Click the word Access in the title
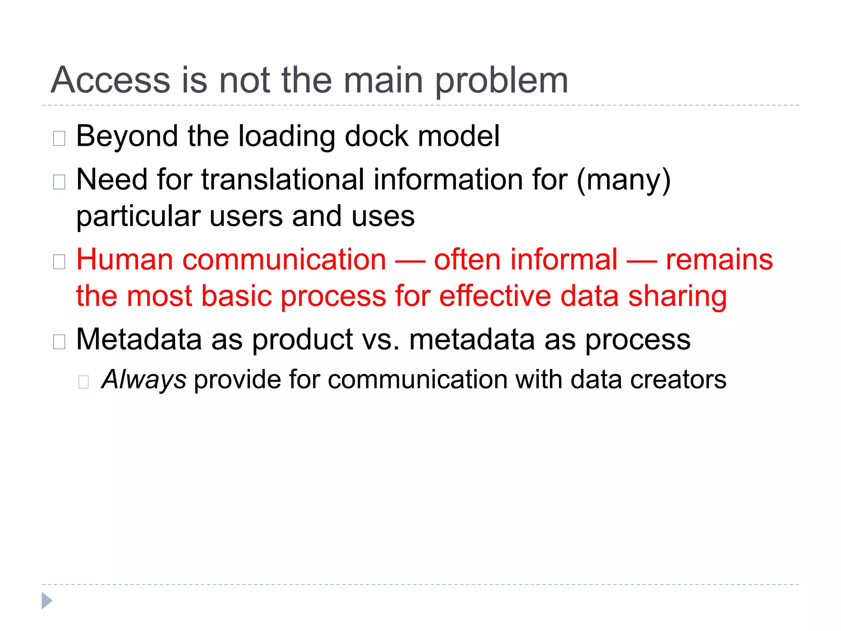[110, 80]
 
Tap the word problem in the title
[501, 81]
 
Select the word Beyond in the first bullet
[127, 136]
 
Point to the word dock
[377, 136]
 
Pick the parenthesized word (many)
[623, 180]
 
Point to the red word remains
[719, 260]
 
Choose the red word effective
[495, 296]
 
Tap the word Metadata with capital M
[139, 340]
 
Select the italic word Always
[144, 379]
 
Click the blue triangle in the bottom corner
[47, 601]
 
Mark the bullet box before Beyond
[59, 138]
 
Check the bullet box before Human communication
[59, 262]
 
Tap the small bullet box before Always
[83, 382]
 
